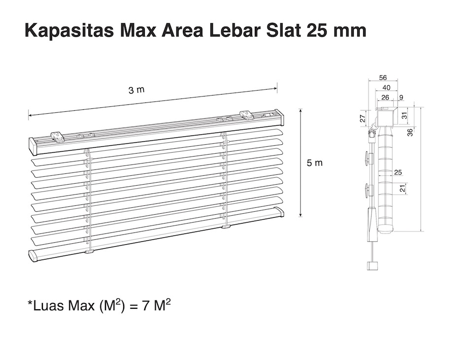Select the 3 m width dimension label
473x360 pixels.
tap(136, 90)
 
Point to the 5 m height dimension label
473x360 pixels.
tap(315, 163)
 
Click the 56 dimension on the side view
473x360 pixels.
tap(383, 77)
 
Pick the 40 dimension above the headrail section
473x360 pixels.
tap(386, 88)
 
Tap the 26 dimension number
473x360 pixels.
tap(385, 98)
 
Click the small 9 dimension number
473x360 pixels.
tap(401, 98)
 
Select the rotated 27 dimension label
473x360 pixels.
tap(363, 118)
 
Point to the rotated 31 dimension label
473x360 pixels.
tap(405, 115)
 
